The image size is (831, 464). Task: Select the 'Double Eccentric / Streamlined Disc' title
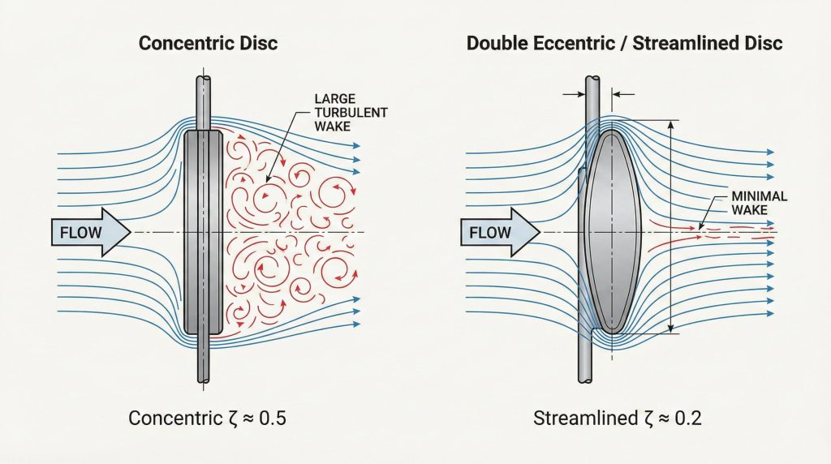(x=625, y=43)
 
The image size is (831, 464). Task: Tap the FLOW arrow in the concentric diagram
(x=88, y=234)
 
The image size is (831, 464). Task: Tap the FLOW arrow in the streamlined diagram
(x=497, y=234)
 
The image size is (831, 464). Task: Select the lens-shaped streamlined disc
(x=612, y=230)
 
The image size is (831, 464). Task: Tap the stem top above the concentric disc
(x=203, y=101)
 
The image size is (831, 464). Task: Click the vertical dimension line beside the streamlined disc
(x=671, y=227)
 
